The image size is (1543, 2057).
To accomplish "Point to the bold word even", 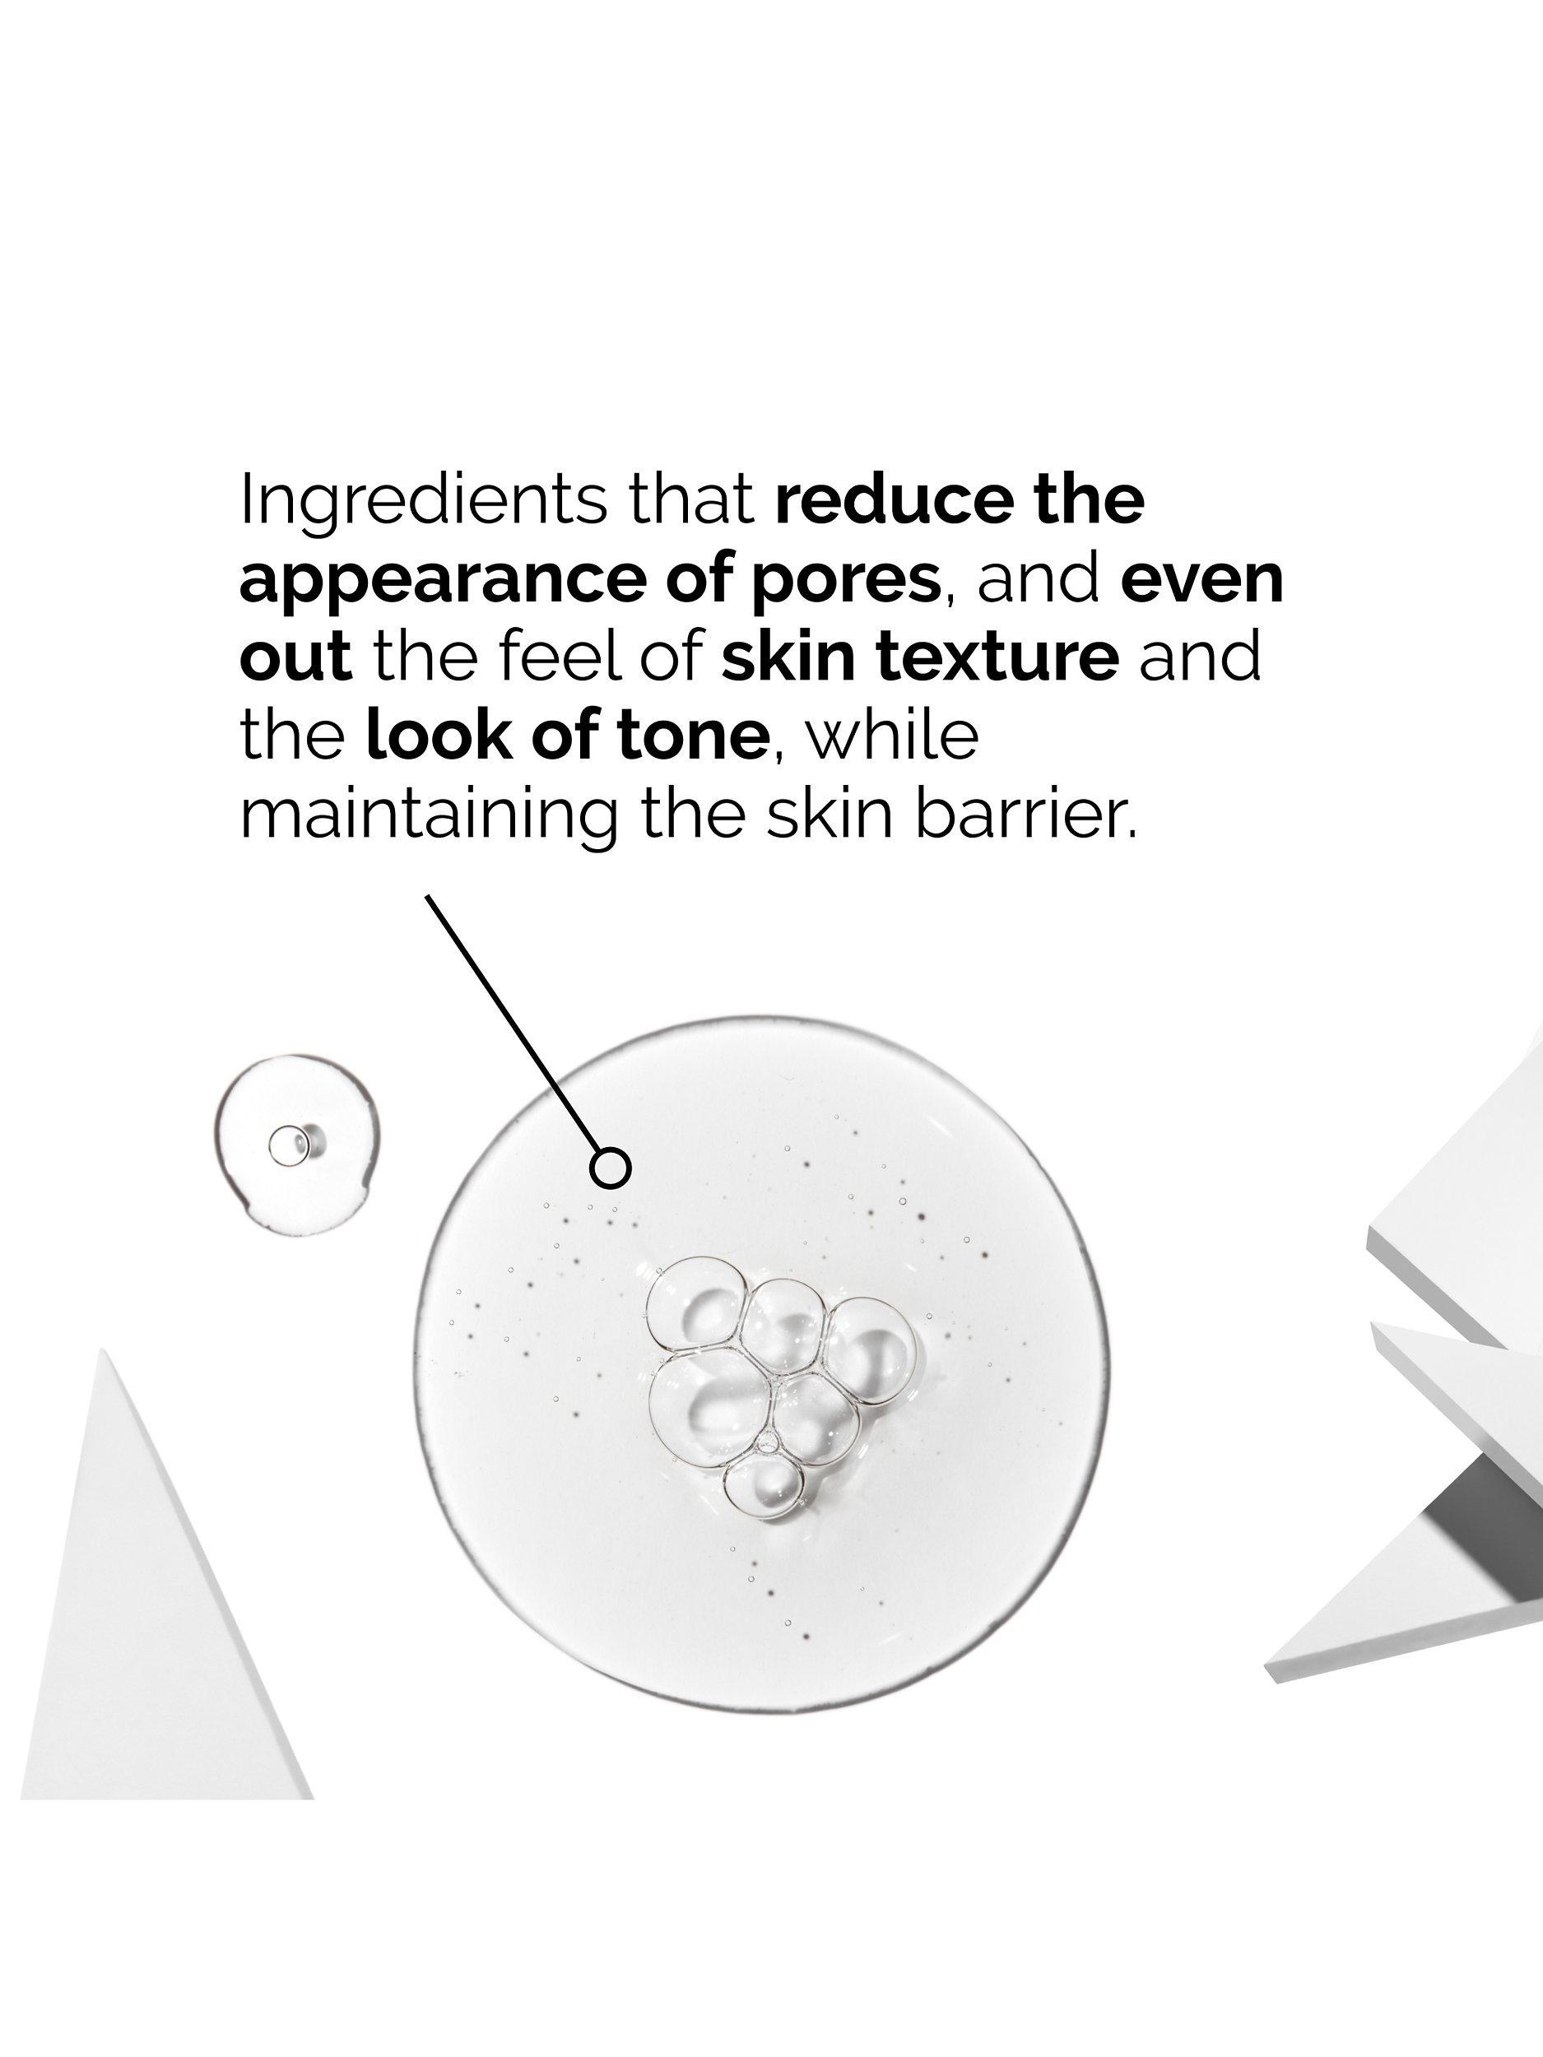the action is point(1201,579).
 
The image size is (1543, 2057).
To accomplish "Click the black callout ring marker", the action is point(611,1168).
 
